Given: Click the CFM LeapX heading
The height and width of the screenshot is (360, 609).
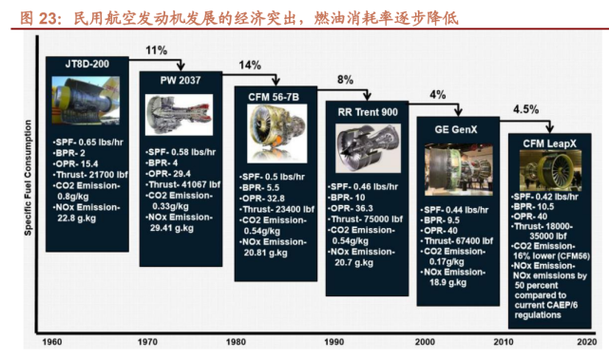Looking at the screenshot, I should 551,142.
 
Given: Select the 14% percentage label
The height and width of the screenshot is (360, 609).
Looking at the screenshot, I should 250,66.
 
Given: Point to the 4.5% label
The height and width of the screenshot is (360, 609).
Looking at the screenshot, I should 525,110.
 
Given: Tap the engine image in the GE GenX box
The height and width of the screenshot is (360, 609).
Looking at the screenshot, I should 457,167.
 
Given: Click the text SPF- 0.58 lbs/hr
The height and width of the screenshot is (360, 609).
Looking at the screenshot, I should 180,152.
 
